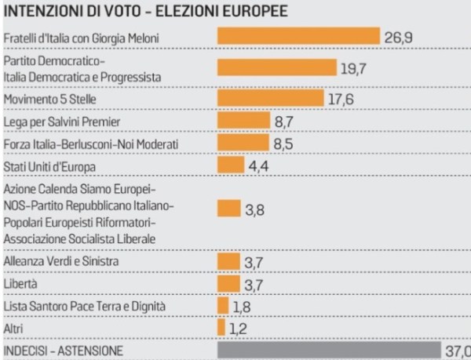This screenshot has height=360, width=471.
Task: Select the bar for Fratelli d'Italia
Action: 298,38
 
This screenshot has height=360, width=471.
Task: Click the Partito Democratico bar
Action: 276,68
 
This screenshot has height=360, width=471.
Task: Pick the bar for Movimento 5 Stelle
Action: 269,98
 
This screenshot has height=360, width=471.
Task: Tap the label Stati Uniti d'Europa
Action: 49,166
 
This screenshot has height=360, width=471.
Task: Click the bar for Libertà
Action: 228,282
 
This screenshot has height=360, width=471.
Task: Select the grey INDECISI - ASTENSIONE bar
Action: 333,349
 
